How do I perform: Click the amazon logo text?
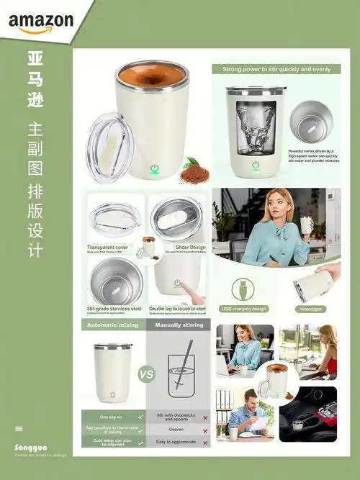[41, 22]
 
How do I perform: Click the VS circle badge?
[147, 374]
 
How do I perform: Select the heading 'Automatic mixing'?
[112, 325]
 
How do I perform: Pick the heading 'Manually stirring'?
[179, 325]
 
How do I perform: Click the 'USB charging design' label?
[243, 309]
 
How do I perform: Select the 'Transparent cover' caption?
[108, 247]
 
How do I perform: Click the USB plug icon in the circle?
[243, 289]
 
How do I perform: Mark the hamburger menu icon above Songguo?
[19, 429]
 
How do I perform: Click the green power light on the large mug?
[153, 171]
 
